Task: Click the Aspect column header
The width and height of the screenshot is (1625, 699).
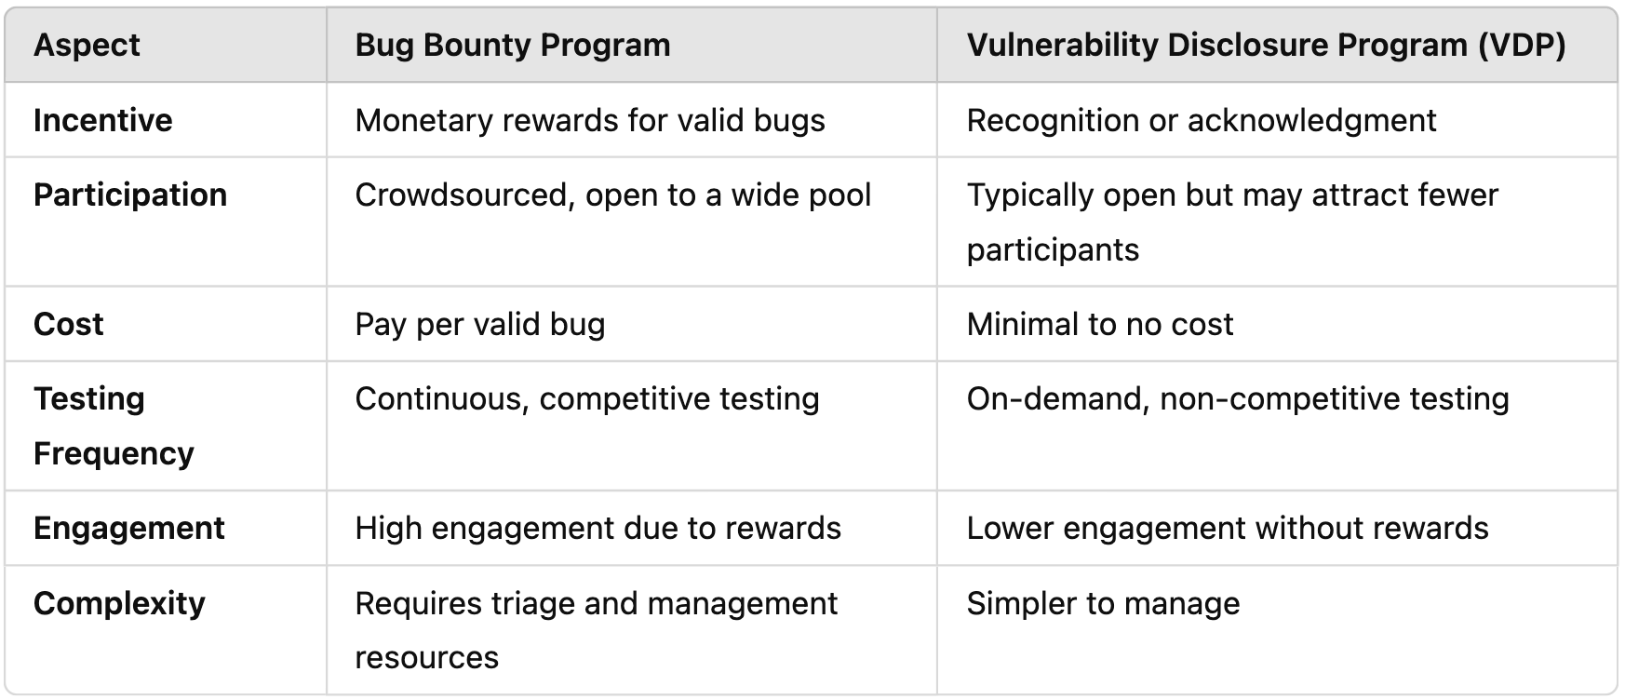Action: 87,46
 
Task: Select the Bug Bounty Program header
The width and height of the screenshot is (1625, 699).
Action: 512,46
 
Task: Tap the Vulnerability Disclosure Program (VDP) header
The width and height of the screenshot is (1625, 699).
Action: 1266,46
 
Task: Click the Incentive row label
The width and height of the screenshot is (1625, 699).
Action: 102,120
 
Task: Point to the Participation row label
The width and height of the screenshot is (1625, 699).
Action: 130,195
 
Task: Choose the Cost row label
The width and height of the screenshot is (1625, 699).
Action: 69,324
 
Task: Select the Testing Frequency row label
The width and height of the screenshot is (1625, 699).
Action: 114,425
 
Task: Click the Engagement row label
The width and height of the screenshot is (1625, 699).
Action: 129,528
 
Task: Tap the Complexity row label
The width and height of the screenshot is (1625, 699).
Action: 119,603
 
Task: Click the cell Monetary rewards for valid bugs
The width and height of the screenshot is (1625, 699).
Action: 590,120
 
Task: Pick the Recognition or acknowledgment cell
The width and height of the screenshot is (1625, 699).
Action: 1201,120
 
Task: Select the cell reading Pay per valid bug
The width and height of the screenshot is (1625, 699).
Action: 480,324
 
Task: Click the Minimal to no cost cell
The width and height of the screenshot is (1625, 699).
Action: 1099,324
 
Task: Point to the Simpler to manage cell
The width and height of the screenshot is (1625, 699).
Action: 1103,603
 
